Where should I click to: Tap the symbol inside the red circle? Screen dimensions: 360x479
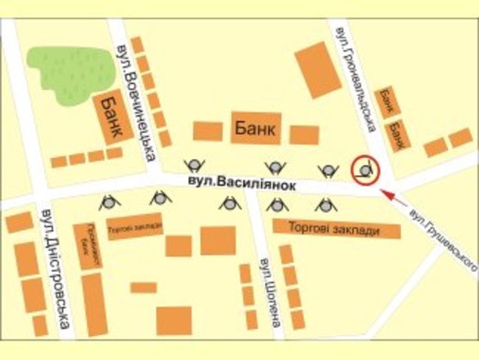[x=366, y=169]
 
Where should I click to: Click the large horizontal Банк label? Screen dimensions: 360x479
[x=255, y=129]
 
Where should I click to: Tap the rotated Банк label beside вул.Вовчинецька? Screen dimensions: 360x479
[x=110, y=118]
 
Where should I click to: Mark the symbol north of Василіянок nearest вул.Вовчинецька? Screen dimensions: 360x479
[x=195, y=166]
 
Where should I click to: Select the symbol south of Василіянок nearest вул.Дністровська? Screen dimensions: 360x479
[x=110, y=203]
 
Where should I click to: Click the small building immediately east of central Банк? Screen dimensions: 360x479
[x=304, y=135]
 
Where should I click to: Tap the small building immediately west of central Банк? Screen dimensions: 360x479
[x=208, y=130]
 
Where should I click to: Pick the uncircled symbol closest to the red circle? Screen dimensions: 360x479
[x=327, y=169]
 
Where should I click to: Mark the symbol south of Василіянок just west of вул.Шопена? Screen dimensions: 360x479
[x=230, y=204]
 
